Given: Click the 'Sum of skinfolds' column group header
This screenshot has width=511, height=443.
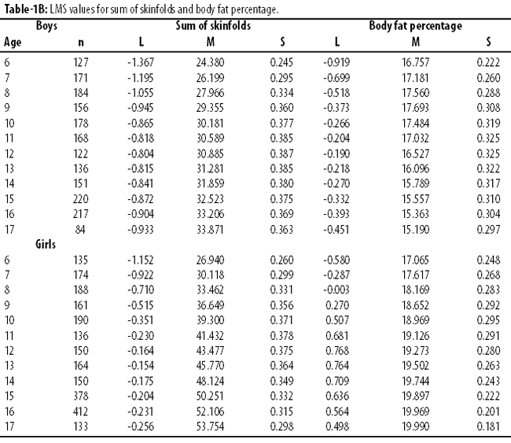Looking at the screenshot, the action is coord(213,26).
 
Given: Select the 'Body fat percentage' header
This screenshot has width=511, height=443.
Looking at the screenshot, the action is coord(416,26).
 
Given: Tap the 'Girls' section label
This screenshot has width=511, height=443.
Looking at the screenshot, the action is coord(46,244).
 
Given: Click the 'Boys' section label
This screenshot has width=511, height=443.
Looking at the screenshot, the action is coord(46,26).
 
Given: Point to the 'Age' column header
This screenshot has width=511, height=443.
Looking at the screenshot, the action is coord(13,42).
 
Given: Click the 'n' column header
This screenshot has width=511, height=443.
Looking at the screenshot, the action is coord(81,42).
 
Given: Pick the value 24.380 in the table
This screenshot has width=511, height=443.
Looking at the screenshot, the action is coord(210,62).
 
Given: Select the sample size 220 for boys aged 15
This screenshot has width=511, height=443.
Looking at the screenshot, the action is coord(80,199).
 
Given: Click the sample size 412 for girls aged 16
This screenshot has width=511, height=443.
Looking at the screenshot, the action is coord(80,412).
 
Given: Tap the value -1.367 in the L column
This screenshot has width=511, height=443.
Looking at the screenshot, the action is coord(141,62).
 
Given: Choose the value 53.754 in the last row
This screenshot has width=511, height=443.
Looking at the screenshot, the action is coord(210,426).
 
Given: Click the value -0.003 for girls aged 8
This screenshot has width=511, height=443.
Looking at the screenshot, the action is coord(336,290).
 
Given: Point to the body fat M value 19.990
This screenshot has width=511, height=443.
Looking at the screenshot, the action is coord(416,426).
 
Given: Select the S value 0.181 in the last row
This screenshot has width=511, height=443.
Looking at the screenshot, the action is coord(488,426).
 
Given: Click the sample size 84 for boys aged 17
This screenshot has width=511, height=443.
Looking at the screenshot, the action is coord(80,230).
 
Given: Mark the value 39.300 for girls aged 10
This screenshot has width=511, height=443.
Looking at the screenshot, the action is coord(210,320).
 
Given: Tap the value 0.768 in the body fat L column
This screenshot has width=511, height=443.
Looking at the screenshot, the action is coord(337,351).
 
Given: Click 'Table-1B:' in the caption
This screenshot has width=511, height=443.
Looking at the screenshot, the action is coord(26,9).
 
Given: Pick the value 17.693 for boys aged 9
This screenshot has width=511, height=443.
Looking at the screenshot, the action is coord(416,108).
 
